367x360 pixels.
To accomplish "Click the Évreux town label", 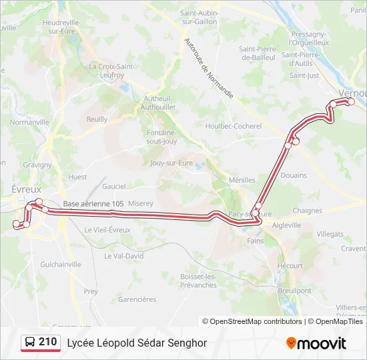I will [26, 189].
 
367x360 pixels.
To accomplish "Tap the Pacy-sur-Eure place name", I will [250, 214].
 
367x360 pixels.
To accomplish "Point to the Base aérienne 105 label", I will [93, 204].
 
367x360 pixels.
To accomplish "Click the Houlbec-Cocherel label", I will [234, 126].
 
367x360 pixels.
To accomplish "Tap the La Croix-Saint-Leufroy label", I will [111, 71].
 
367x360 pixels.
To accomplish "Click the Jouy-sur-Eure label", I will [171, 163].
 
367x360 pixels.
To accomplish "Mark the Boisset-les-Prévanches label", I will [199, 281].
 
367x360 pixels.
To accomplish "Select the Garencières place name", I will [137, 299].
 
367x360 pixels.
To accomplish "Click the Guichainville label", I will [60, 265].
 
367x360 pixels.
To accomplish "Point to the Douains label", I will [294, 176].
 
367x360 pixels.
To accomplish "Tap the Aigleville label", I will [287, 225].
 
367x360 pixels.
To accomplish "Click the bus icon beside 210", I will [30, 343].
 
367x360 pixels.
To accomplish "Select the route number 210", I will [47, 342].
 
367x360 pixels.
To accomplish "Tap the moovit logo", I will [316, 343].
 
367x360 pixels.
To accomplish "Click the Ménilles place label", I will [242, 180].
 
